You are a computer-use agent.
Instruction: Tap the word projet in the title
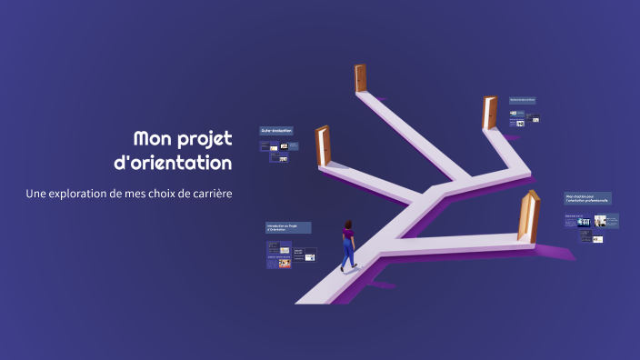coord(205,140)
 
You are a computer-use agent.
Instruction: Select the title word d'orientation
coord(184,165)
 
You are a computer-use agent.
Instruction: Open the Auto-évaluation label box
coord(277,131)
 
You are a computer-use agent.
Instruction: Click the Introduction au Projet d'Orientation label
coord(288,227)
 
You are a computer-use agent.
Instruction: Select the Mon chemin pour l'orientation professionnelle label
coord(587,197)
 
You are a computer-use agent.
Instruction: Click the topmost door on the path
coord(361,77)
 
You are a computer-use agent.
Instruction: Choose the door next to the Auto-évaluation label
coord(323,145)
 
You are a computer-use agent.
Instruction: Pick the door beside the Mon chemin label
coord(526,216)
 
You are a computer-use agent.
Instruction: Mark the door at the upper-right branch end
coord(490,113)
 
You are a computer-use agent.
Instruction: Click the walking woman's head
coord(346,224)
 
